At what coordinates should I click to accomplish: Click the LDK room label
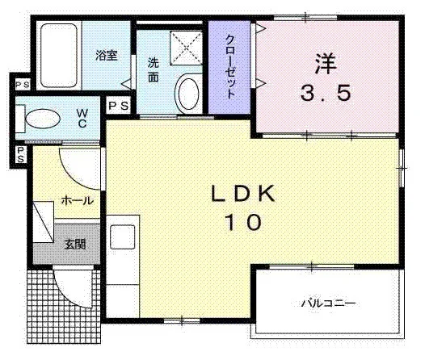point(243,194)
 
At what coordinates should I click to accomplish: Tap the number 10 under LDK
point(244,222)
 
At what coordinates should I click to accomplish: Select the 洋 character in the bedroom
point(326,64)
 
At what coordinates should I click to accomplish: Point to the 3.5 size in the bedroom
point(326,93)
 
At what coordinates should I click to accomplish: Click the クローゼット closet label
point(230,66)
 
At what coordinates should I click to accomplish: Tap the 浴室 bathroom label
point(107,55)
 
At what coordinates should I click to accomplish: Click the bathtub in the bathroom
point(59,56)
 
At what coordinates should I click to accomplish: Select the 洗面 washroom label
point(154,70)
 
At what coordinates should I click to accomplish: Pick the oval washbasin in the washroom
point(188,94)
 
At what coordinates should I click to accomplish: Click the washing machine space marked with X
point(186,48)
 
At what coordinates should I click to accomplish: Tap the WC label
point(82,118)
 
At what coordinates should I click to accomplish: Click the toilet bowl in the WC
point(43,119)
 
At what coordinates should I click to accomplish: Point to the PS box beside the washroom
point(119,106)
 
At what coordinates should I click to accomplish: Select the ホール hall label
point(78,201)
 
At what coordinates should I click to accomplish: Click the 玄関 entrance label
point(75,244)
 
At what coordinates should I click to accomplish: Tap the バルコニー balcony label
point(328,303)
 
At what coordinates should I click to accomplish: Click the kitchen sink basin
point(123,237)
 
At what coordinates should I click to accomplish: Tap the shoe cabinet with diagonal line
point(44,222)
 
